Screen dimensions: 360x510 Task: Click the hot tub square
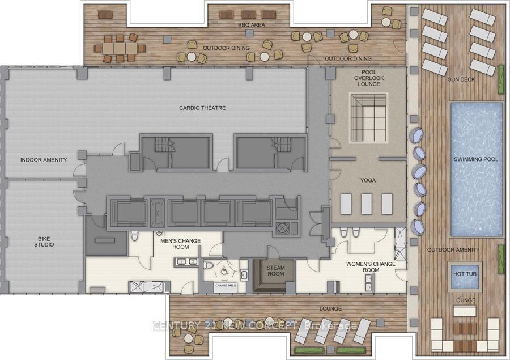pos(464,274)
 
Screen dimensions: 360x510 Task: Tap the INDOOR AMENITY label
pos(43,160)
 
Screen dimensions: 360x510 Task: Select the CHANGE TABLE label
pos(225,285)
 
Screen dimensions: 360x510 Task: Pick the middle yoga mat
pos(366,204)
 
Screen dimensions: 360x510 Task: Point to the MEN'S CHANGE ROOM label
pos(181,244)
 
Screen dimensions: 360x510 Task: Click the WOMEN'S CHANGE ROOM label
pos(371,267)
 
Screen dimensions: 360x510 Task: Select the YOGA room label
pos(368,181)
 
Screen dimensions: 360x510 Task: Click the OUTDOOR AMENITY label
pos(453,250)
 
